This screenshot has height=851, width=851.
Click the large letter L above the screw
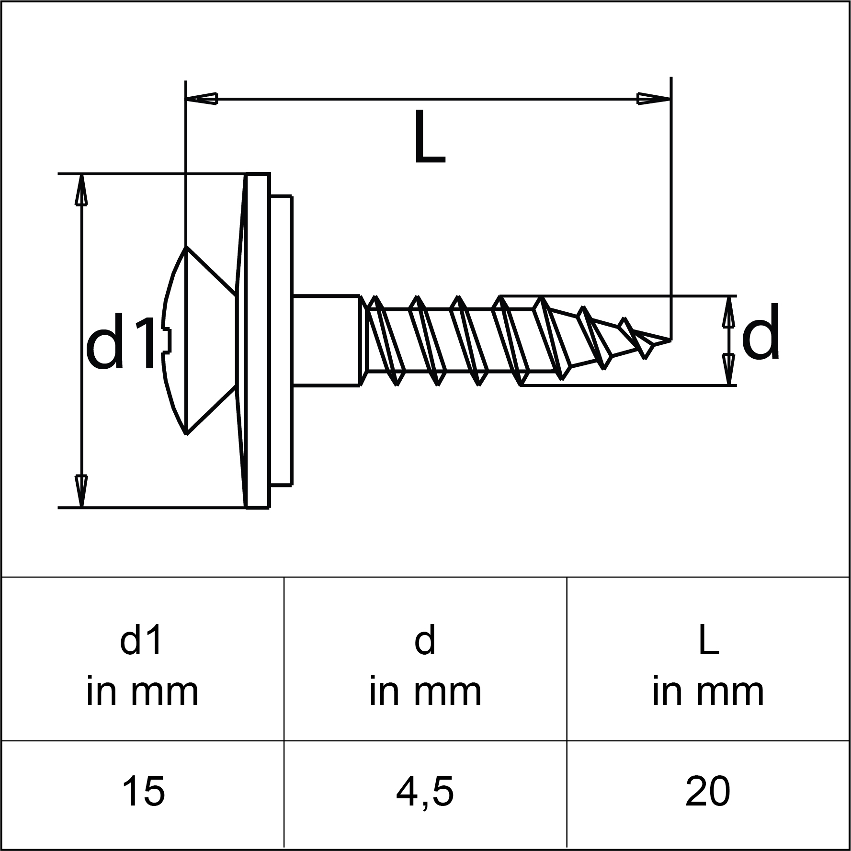point(430,138)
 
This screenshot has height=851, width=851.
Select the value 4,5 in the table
point(425,792)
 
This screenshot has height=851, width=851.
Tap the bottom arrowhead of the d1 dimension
point(81,491)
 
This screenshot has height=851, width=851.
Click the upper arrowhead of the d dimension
point(728,311)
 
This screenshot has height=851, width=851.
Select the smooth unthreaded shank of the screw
point(326,340)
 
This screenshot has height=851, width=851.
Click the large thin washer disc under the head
point(256,340)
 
